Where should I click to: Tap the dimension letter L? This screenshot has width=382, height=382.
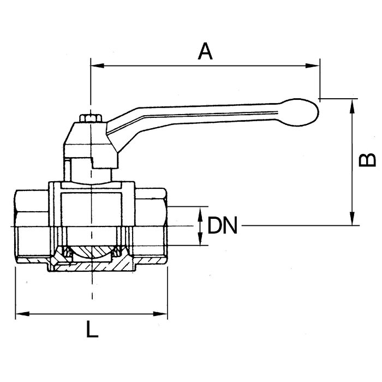pos(92,330)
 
